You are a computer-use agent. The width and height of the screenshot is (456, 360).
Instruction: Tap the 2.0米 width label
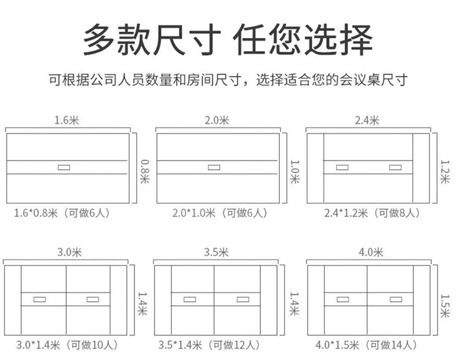217,121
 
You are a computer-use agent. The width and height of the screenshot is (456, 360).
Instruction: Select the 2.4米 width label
367,121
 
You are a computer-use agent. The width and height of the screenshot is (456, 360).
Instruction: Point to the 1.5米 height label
444,306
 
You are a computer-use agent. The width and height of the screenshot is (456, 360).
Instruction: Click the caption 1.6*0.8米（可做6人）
62,213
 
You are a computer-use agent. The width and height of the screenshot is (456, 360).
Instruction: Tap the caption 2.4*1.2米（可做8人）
372,213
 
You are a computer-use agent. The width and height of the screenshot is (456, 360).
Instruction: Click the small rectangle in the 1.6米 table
64,167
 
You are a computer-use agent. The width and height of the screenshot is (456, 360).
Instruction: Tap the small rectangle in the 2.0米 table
215,167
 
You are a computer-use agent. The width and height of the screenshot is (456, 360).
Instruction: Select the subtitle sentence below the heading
228,79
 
